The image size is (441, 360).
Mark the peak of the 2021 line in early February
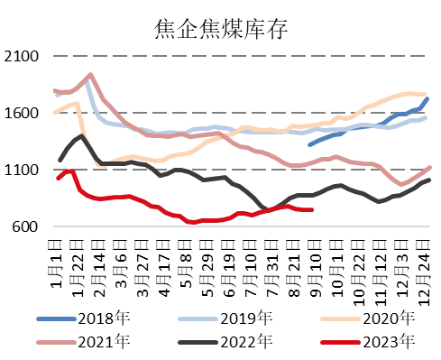91,75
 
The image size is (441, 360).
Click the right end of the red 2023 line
312,209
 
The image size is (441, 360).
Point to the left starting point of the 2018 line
310,143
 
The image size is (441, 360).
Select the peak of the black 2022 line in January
82,135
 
